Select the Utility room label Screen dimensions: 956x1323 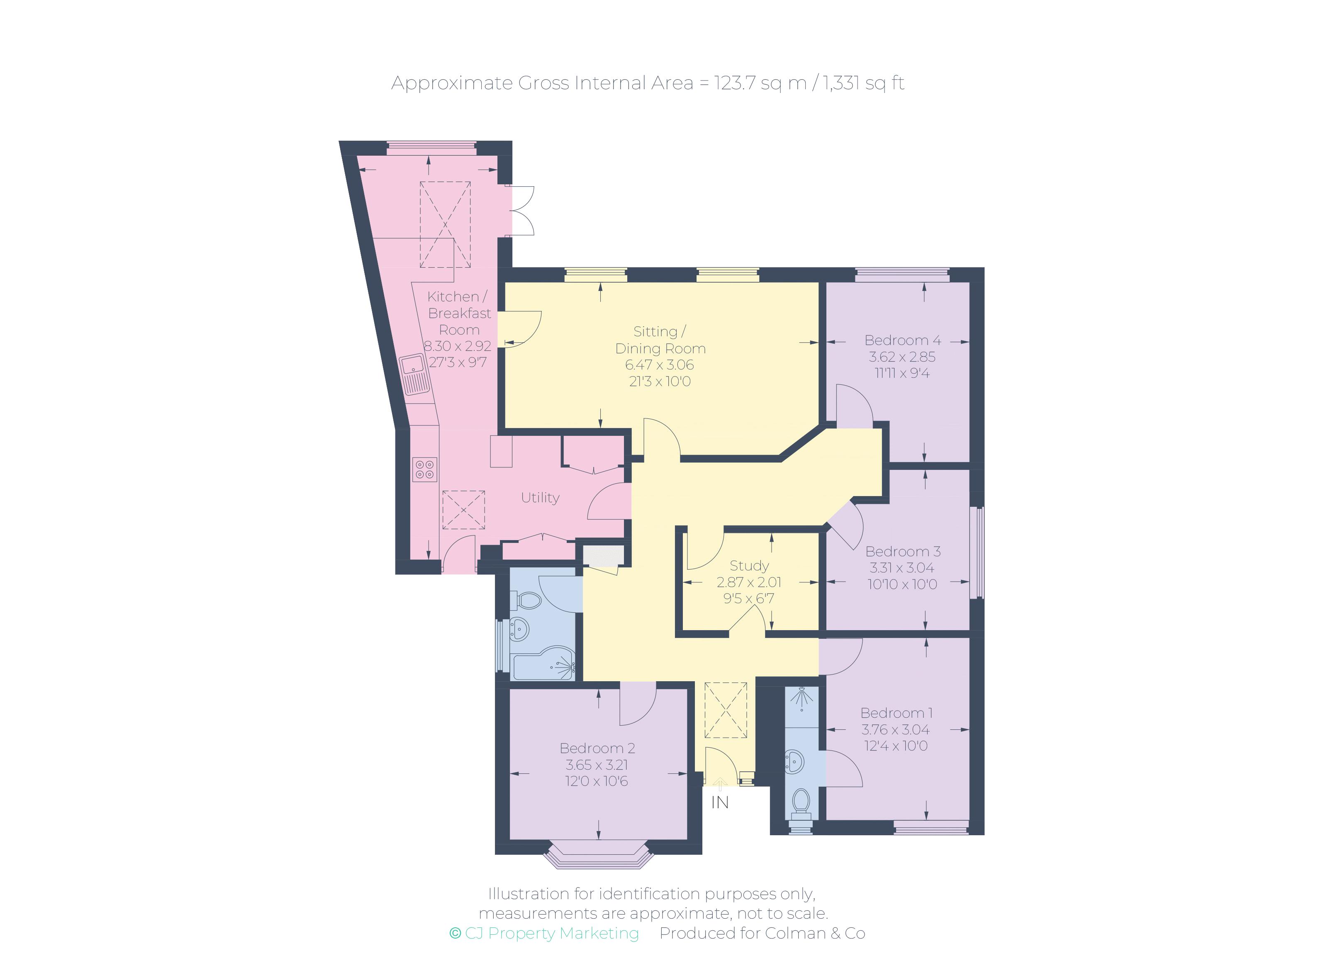click(540, 497)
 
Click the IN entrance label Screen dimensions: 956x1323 click(720, 802)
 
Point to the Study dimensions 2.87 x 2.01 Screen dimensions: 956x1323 click(749, 582)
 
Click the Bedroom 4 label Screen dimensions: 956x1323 click(902, 340)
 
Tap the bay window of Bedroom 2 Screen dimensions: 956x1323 click(598, 855)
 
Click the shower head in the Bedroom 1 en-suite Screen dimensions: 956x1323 click(803, 697)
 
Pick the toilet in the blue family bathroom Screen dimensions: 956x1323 click(527, 599)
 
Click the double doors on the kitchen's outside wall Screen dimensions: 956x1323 click(521, 211)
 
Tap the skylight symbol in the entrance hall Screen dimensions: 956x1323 click(726, 710)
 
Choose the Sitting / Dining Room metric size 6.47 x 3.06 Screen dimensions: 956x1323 click(660, 365)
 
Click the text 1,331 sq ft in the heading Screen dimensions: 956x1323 click(863, 83)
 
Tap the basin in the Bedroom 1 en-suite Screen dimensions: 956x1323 click(796, 760)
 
